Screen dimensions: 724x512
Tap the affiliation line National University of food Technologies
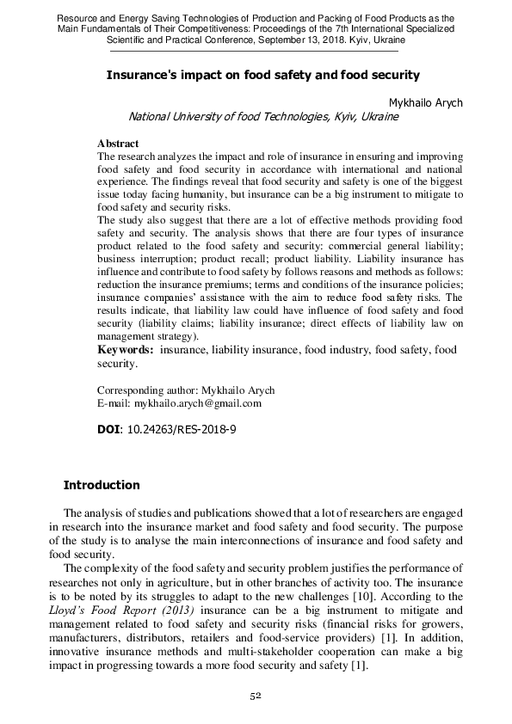[262, 117]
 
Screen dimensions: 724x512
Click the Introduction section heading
[102, 485]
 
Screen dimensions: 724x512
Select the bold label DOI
[109, 426]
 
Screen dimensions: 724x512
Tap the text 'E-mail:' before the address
[114, 402]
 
